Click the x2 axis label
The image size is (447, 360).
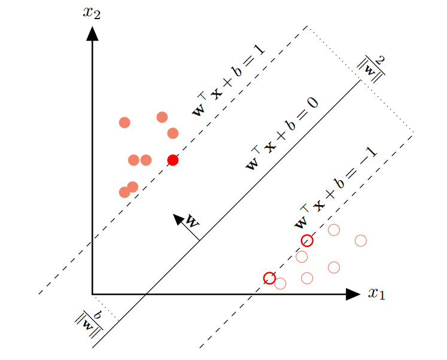coord(92,13)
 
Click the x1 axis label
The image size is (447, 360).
coord(376,293)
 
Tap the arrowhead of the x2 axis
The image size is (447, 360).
coord(92,33)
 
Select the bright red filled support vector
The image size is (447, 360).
coord(173,160)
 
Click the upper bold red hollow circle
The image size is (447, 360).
coord(307,240)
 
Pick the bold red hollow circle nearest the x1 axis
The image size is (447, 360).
coord(269,278)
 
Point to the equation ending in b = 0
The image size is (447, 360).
coord(282,133)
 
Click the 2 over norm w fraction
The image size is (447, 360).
coord(372,66)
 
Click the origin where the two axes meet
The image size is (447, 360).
coord(92,294)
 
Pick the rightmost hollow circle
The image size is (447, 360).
coord(361,240)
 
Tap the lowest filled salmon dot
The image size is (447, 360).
coord(124,192)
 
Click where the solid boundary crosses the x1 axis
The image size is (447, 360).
coord(146,294)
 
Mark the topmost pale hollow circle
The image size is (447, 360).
coord(334,230)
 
